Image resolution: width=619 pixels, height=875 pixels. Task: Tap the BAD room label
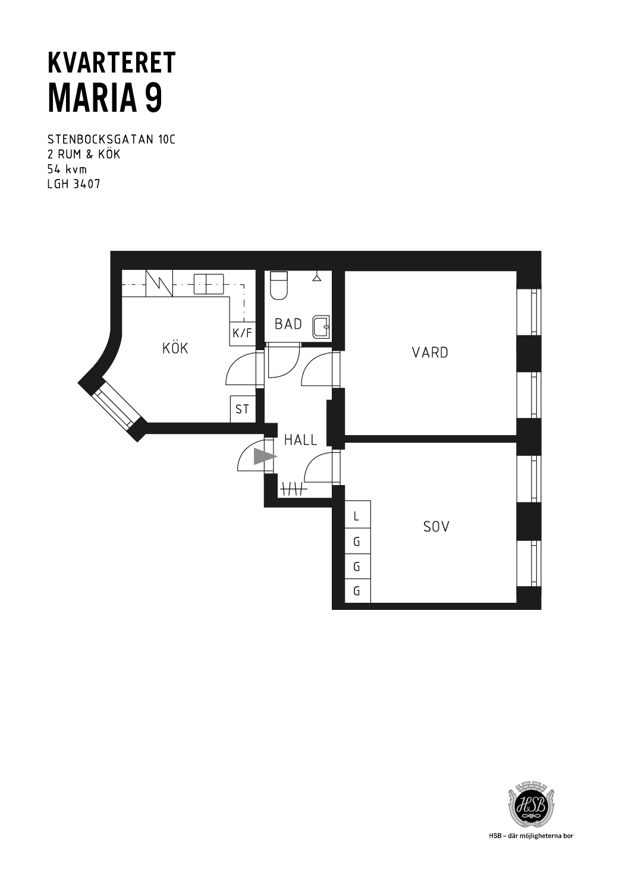pyautogui.click(x=288, y=324)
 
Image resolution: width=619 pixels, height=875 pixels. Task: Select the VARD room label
pyautogui.click(x=430, y=352)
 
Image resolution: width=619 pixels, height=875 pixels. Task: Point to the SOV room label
pyautogui.click(x=436, y=527)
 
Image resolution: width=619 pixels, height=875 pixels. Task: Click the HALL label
pyautogui.click(x=300, y=440)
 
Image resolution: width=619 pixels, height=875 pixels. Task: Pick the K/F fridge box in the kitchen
pyautogui.click(x=242, y=333)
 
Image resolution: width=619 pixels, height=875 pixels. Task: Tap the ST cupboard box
pyautogui.click(x=242, y=409)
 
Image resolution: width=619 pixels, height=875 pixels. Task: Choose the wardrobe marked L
pyautogui.click(x=357, y=516)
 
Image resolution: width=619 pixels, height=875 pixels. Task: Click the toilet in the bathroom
pyautogui.click(x=279, y=285)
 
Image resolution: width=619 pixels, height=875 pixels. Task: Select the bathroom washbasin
pyautogui.click(x=321, y=326)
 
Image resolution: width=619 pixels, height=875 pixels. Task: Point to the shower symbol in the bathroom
pyautogui.click(x=316, y=278)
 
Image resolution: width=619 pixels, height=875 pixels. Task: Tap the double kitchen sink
pyautogui.click(x=209, y=284)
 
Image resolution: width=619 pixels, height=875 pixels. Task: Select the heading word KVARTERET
pyautogui.click(x=111, y=62)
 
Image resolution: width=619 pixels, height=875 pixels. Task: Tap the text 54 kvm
pyautogui.click(x=67, y=169)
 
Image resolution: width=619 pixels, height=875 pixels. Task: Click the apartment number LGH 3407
pyautogui.click(x=74, y=184)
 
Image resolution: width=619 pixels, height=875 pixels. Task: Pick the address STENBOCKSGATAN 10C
pyautogui.click(x=111, y=140)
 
